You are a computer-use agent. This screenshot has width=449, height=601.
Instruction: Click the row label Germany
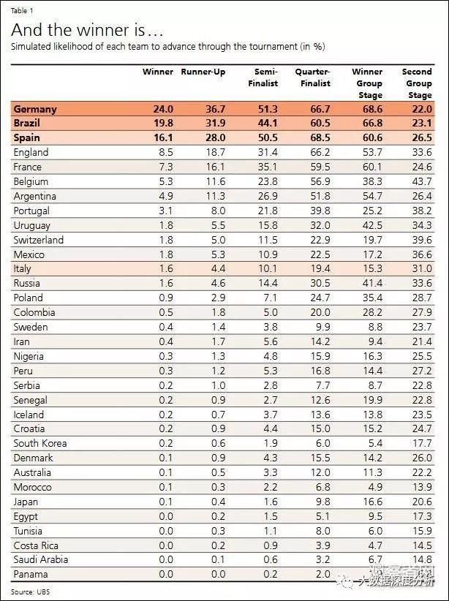tap(35, 109)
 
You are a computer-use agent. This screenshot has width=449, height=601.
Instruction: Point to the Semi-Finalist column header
tap(265, 78)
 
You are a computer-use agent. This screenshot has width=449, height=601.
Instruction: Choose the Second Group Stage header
tap(417, 83)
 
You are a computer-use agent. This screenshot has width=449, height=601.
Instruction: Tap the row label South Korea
tap(40, 443)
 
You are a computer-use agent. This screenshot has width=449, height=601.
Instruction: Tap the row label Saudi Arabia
tap(41, 559)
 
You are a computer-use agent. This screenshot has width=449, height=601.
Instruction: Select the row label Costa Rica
tap(37, 545)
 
